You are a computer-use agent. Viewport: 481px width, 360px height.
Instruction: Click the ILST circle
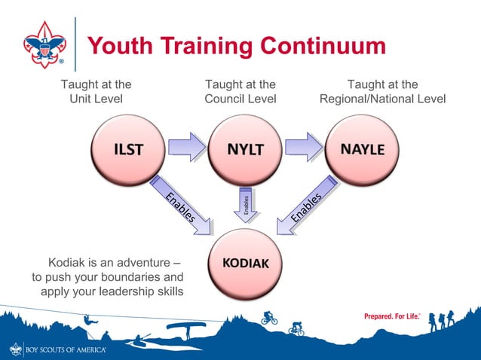click(127, 150)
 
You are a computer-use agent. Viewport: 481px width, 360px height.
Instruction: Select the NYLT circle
click(245, 150)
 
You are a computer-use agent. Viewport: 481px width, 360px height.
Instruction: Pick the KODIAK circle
click(245, 264)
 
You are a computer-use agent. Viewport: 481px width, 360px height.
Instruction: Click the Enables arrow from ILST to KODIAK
click(179, 201)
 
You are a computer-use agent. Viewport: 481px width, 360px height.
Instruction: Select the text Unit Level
click(96, 99)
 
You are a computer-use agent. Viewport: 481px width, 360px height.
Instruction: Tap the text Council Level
click(240, 99)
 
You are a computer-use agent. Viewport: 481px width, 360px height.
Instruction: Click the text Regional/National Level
click(382, 99)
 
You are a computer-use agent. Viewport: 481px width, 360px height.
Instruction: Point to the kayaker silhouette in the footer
click(139, 340)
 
